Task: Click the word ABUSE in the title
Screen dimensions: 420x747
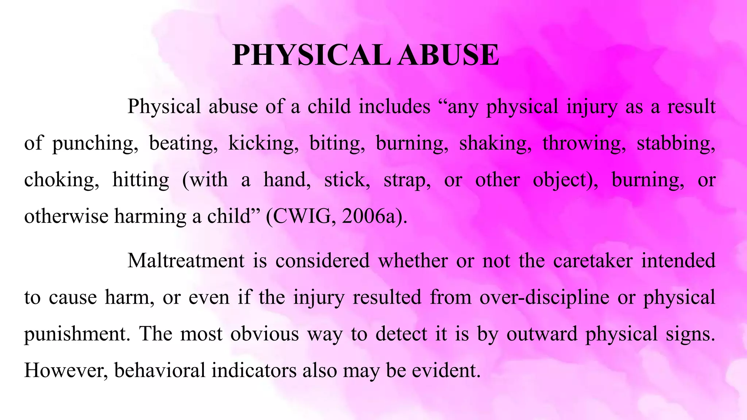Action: coord(448,55)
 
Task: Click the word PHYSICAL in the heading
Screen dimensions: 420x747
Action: coord(312,55)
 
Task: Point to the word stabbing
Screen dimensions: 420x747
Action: coord(676,143)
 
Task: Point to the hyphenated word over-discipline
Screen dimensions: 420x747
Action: coord(544,297)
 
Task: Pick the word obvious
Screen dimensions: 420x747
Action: coord(264,334)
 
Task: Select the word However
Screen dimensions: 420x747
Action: coord(66,370)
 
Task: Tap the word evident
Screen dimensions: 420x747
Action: coord(446,370)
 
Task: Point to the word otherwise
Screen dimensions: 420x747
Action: coord(66,217)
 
